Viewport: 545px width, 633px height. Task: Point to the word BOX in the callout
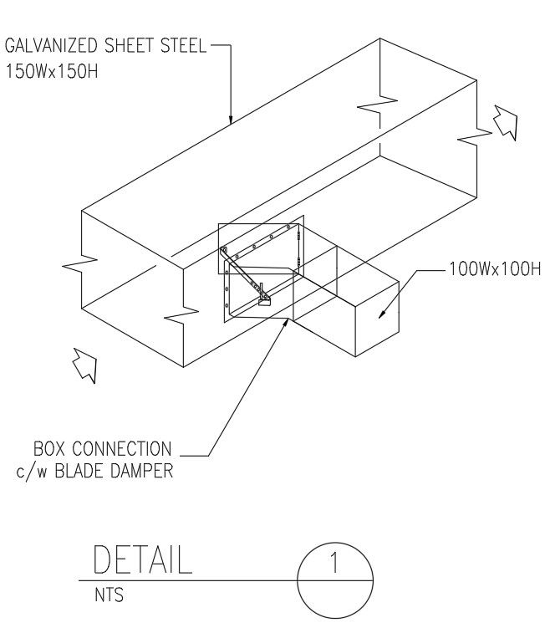51,448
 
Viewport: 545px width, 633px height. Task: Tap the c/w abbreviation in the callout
31,472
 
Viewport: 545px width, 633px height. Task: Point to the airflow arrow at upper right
505,122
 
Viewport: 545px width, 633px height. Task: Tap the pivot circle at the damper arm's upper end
223,250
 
